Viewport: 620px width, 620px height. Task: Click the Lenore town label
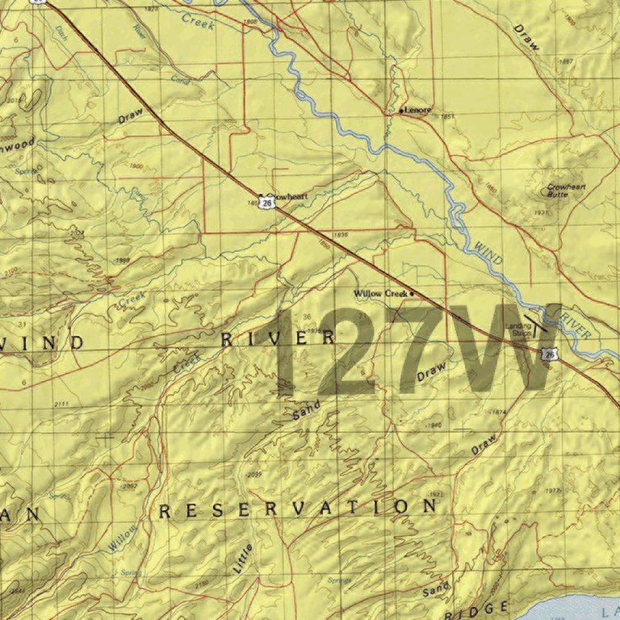pos(419,110)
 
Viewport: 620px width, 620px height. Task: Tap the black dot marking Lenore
pos(402,110)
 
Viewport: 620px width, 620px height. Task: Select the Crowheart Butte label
pos(566,191)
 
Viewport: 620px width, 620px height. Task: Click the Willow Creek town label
pos(380,294)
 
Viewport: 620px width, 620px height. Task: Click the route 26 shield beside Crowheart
pos(266,205)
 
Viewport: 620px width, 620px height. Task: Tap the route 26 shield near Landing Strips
pos(549,354)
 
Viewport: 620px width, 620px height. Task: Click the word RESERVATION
pos(298,509)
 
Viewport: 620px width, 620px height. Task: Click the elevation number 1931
pos(541,213)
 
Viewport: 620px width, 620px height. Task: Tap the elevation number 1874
pos(498,413)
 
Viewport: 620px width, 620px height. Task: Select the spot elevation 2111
pos(60,404)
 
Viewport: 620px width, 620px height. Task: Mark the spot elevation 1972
pos(437,493)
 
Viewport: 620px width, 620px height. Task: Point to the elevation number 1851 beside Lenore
pos(447,117)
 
